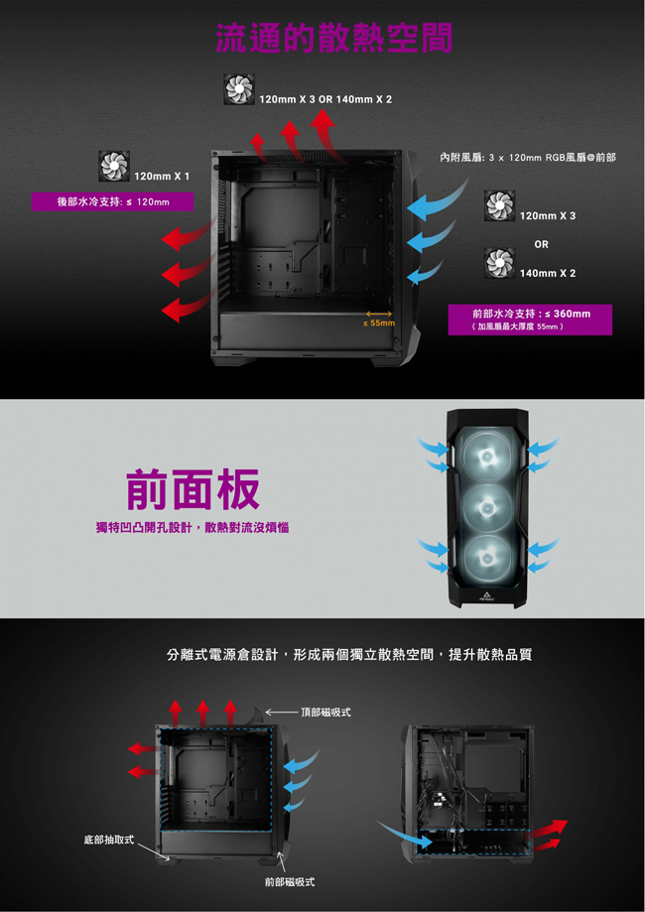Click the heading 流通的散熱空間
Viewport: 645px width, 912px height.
click(x=333, y=39)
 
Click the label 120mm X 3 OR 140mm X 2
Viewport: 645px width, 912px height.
click(x=325, y=99)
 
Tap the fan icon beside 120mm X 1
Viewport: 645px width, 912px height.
click(x=113, y=165)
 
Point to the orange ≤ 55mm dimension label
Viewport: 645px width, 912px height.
click(x=379, y=323)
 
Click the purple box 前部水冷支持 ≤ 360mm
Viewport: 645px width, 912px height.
click(x=530, y=320)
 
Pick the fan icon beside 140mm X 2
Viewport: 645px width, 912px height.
click(x=499, y=262)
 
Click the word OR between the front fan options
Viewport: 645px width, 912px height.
click(x=542, y=244)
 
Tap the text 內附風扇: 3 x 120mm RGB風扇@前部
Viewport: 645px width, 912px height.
click(x=528, y=158)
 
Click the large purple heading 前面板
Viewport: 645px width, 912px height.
click(x=193, y=489)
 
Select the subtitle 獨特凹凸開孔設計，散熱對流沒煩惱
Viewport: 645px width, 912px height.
click(x=193, y=528)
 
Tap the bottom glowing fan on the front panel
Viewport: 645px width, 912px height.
click(x=487, y=559)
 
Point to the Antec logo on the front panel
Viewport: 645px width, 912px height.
click(x=487, y=596)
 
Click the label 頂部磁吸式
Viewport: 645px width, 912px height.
click(x=325, y=713)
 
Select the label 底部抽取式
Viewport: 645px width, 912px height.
click(x=109, y=840)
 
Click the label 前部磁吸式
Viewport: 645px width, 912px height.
click(x=290, y=882)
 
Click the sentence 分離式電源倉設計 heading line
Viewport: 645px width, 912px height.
click(x=349, y=654)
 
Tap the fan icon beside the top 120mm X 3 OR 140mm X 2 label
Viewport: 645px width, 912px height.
click(x=239, y=89)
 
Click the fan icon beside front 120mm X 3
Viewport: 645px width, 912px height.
click(x=499, y=205)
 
